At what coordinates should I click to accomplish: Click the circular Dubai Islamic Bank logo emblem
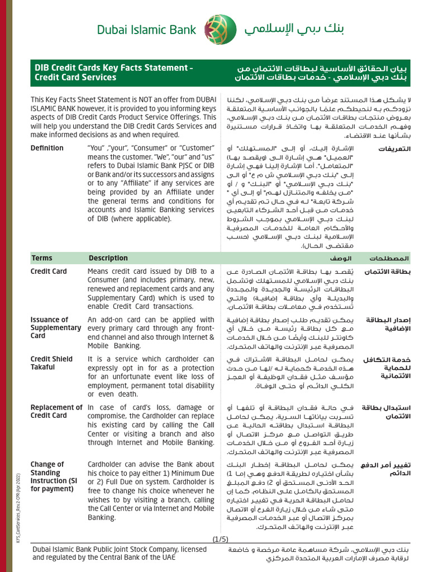click(x=216, y=29)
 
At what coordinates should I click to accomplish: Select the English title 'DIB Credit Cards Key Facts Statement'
click(x=114, y=68)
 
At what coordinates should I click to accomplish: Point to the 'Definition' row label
click(x=47, y=148)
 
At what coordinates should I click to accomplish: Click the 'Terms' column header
click(x=42, y=258)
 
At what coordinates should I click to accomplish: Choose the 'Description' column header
click(x=108, y=258)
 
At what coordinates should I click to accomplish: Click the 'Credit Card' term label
click(x=49, y=271)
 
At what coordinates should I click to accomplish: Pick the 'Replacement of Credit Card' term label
click(x=56, y=411)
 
